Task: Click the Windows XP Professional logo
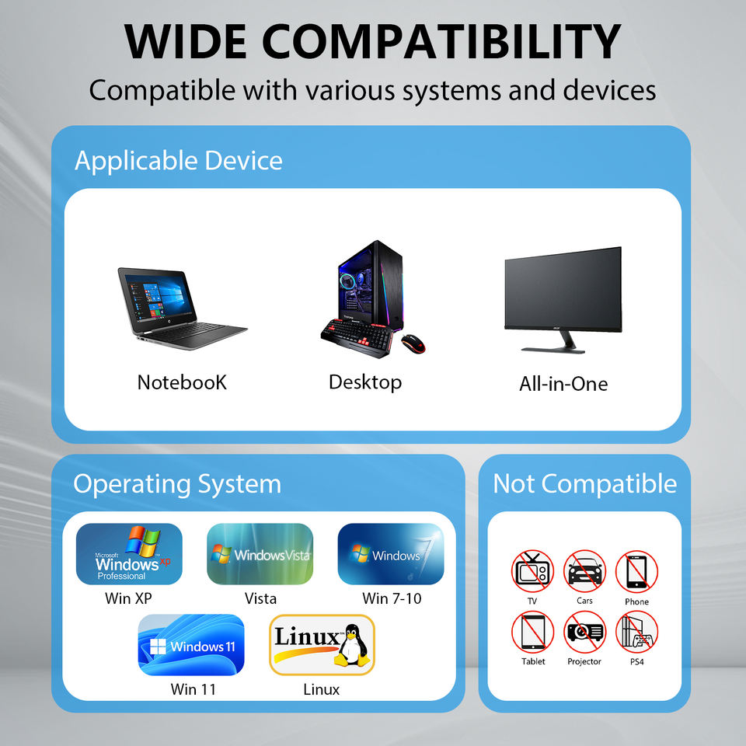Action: click(129, 554)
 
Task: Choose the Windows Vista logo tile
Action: click(260, 554)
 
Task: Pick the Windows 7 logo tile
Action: click(391, 554)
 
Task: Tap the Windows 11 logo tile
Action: click(191, 646)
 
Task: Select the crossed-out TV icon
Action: click(532, 571)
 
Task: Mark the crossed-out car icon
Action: click(584, 571)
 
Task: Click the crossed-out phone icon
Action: click(636, 571)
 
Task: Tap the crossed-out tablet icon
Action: click(532, 631)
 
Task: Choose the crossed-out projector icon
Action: click(584, 631)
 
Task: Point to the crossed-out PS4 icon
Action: click(636, 631)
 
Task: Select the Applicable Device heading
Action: click(178, 161)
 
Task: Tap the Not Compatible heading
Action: click(584, 483)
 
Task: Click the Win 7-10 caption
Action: click(392, 598)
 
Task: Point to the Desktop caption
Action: click(364, 382)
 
